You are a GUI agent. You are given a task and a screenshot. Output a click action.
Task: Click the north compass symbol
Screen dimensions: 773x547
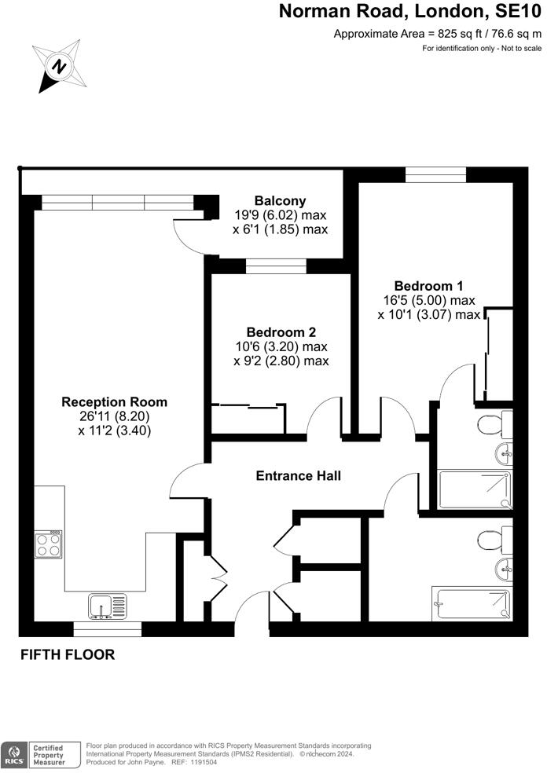pyautogui.click(x=58, y=64)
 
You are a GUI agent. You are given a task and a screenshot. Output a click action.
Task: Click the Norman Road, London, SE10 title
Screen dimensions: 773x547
pyautogui.click(x=411, y=12)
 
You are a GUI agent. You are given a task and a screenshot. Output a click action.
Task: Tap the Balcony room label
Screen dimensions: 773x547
pyautogui.click(x=280, y=201)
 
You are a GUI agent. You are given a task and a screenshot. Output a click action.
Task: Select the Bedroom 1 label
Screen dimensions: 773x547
pyautogui.click(x=424, y=286)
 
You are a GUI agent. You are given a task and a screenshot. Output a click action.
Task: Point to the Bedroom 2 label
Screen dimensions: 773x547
pyautogui.click(x=280, y=332)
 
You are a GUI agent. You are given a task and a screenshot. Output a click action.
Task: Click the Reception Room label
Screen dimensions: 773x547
pyautogui.click(x=115, y=402)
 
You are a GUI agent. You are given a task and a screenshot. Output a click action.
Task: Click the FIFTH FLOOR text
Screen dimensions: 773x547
pyautogui.click(x=68, y=654)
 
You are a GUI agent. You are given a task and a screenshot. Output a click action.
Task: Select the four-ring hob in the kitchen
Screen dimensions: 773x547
pyautogui.click(x=49, y=544)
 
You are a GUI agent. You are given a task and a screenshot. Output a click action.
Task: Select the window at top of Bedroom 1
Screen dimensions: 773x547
pyautogui.click(x=435, y=174)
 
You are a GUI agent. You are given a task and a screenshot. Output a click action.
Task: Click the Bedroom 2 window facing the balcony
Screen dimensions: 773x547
pyautogui.click(x=276, y=267)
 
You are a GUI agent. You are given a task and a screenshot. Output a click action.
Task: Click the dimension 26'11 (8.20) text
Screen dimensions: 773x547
pyautogui.click(x=115, y=416)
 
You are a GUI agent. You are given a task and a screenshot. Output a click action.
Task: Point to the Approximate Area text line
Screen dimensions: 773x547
pyautogui.click(x=437, y=33)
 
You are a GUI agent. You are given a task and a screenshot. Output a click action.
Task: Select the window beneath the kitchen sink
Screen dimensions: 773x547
pyautogui.click(x=108, y=628)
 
